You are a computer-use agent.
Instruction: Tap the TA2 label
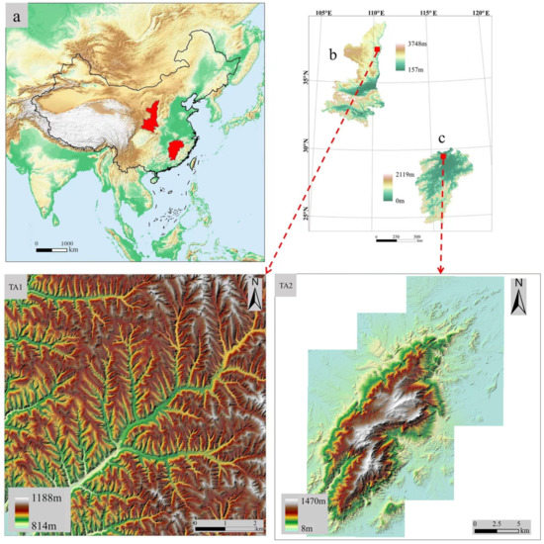coord(287,287)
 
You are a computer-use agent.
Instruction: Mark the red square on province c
coord(443,158)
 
